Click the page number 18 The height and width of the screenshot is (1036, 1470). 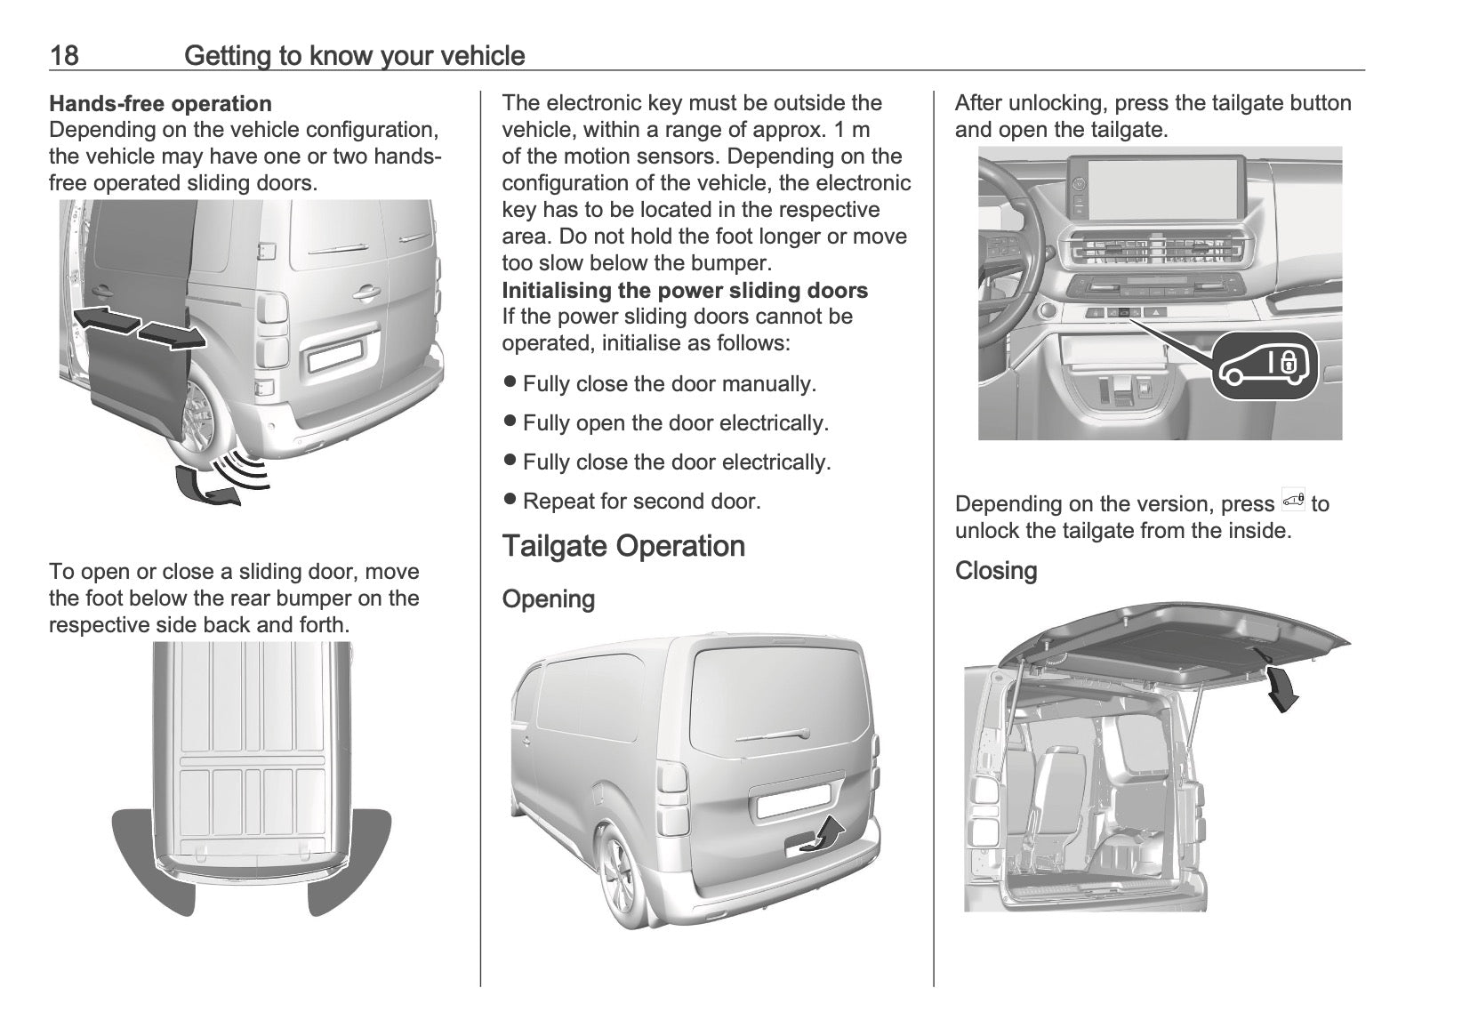pyautogui.click(x=64, y=56)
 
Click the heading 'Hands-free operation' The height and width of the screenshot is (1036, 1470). pyautogui.click(x=160, y=104)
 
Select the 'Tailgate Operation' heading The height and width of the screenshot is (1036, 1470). pyautogui.click(x=623, y=546)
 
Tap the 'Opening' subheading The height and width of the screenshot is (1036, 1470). pyautogui.click(x=549, y=599)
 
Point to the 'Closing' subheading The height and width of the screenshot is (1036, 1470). pyautogui.click(x=995, y=571)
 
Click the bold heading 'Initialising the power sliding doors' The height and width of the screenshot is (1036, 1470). pyautogui.click(x=685, y=290)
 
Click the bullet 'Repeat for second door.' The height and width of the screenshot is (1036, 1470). pyautogui.click(x=632, y=502)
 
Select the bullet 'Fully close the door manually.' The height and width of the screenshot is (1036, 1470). pyautogui.click(x=660, y=384)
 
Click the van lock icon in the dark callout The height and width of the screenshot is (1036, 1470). pyautogui.click(x=1264, y=365)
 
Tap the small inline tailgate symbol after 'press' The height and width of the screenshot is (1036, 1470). pyautogui.click(x=1293, y=502)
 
